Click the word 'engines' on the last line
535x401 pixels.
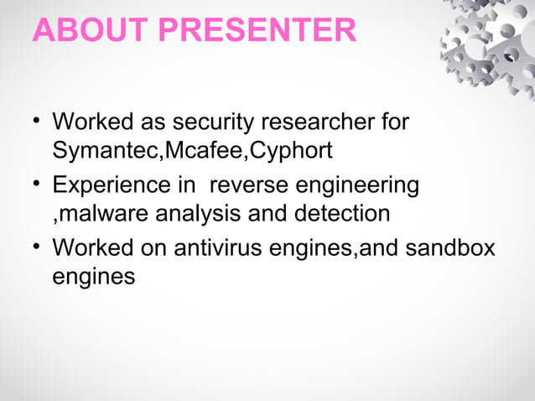point(93,277)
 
